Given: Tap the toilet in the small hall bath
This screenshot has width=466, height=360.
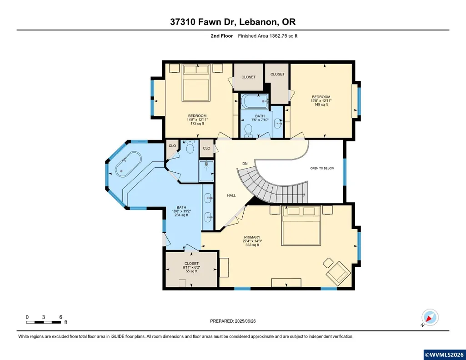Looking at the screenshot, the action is pos(248,131).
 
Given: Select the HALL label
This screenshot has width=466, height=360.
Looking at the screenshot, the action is pos(231,195).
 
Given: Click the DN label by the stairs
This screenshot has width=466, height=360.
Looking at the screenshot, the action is pos(245,164).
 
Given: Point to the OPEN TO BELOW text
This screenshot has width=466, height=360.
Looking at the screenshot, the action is pos(322,169).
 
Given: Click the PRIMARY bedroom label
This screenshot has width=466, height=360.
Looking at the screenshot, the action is pos(252,237).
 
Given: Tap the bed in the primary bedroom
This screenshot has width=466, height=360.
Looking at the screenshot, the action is pos(301,226).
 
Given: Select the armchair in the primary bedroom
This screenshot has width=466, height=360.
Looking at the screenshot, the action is pos(338,272).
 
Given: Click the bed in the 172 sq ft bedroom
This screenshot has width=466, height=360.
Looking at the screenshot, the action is pos(196,83).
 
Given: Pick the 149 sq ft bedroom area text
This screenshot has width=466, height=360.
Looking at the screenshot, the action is pos(321,105).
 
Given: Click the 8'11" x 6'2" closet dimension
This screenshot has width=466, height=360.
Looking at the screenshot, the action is pos(191,267).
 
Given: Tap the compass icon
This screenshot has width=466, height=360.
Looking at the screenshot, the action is pos(430,318).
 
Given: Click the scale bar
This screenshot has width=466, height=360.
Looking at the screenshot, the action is pos(43,322).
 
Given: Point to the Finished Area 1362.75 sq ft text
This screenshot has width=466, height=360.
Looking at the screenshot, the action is pos(267,36).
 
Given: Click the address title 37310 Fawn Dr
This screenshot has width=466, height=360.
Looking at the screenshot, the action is pos(203,22).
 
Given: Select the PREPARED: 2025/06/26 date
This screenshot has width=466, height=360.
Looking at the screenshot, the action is pos(233,321).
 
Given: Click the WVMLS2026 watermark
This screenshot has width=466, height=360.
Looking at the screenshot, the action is pos(444,355).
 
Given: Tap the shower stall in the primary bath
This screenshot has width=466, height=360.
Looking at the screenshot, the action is pos(206,171).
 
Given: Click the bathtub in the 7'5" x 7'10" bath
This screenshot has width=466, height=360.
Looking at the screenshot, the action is pos(255,101).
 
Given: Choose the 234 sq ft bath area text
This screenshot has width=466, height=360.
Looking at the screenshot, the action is pos(181,215).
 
